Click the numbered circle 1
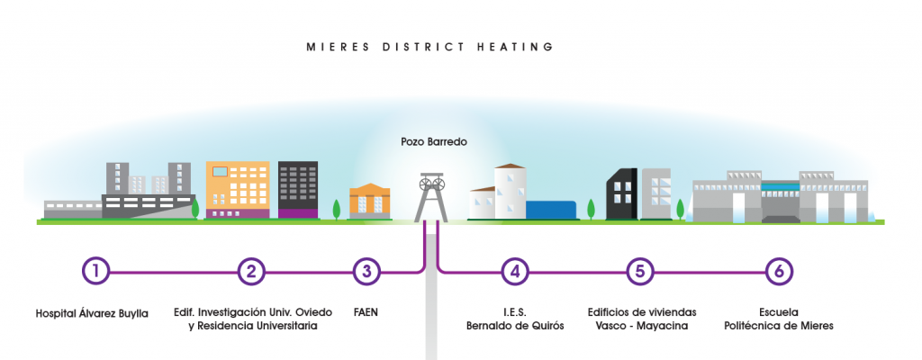pos(95,270)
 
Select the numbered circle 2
pos(252,270)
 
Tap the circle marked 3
pos(365,270)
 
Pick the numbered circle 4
pos(514,270)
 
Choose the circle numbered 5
pos(639,270)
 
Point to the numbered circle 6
pos(779,270)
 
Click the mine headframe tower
pos(430,196)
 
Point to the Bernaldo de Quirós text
pos(514,326)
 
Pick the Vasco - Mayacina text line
pos(638,326)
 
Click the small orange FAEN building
pos(369,202)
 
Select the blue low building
pos(552,210)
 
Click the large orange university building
pos(238,190)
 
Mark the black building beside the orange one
pos(297,189)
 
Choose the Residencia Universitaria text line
pos(252,326)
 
